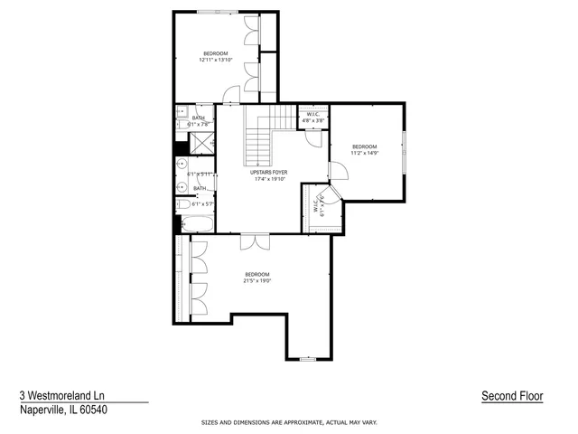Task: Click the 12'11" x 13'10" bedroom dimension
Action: click(x=216, y=60)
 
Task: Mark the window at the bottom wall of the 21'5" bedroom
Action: click(x=307, y=359)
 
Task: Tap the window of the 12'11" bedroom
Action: click(x=219, y=11)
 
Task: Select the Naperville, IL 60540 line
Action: click(x=63, y=409)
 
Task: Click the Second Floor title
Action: click(x=511, y=396)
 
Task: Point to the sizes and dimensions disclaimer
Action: click(x=288, y=422)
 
